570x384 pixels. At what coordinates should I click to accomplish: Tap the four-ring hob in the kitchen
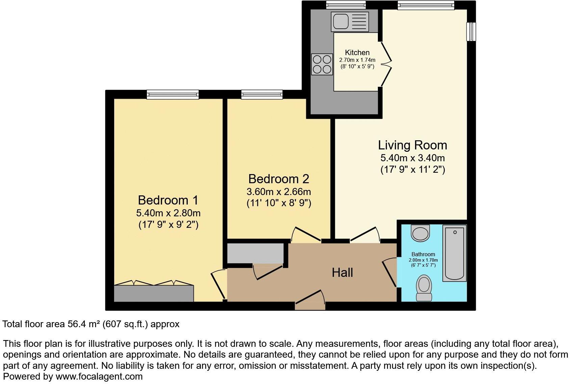click(321, 64)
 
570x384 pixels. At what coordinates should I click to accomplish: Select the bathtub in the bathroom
click(455, 253)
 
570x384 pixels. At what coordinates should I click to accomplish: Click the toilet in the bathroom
click(424, 288)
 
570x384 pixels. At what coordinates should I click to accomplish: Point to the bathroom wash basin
click(420, 233)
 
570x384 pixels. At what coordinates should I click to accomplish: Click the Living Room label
click(412, 145)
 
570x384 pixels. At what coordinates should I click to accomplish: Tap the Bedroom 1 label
click(168, 200)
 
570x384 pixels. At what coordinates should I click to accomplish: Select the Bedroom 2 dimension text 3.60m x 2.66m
click(279, 192)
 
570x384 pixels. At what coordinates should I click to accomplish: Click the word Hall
click(342, 272)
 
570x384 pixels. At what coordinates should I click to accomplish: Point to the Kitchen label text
click(357, 52)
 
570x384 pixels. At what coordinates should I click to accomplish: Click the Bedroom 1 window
click(173, 94)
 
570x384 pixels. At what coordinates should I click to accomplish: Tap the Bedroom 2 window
click(262, 94)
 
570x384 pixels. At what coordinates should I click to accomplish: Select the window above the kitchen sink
click(346, 5)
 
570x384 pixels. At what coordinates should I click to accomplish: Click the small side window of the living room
click(471, 32)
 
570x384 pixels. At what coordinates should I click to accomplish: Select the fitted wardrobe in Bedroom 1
click(154, 293)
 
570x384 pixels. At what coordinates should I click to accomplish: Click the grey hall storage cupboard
click(255, 253)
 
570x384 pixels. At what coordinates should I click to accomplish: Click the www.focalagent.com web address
click(99, 376)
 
